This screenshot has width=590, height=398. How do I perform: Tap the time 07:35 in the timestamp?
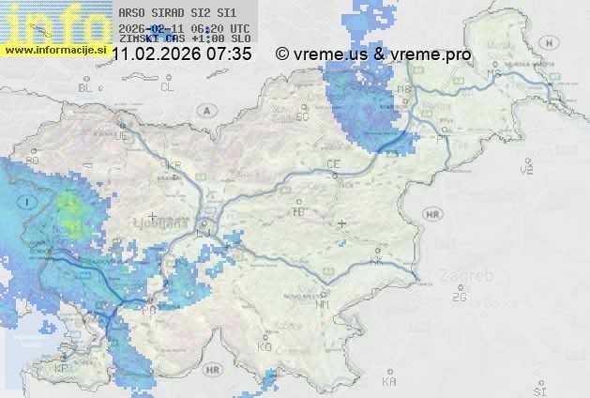pos(230,54)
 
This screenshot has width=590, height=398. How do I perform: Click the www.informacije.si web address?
pos(55,48)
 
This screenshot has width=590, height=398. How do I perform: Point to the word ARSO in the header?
pos(130,13)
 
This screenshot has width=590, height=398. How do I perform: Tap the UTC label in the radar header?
pos(239,28)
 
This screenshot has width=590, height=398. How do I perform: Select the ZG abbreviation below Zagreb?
pos(459,298)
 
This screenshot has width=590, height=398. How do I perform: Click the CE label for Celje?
pos(333,164)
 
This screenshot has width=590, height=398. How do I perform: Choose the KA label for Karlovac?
pos(389,381)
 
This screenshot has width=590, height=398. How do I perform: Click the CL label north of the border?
pos(168,87)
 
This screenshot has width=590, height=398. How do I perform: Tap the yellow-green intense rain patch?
pos(71,210)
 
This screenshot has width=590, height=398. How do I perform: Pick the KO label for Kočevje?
pos(265,346)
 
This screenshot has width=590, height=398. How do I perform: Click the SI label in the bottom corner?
pos(538,388)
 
